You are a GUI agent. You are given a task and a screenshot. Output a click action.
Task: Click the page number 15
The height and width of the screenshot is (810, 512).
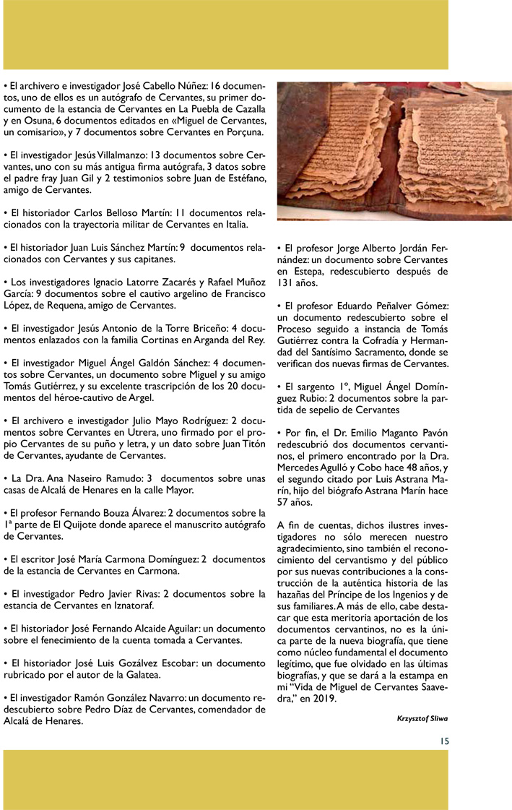(x=444, y=740)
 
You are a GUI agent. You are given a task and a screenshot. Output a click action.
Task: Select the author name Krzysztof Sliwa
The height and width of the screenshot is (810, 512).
(x=422, y=718)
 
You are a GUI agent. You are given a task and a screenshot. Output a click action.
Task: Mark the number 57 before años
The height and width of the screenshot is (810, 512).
(x=285, y=502)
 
